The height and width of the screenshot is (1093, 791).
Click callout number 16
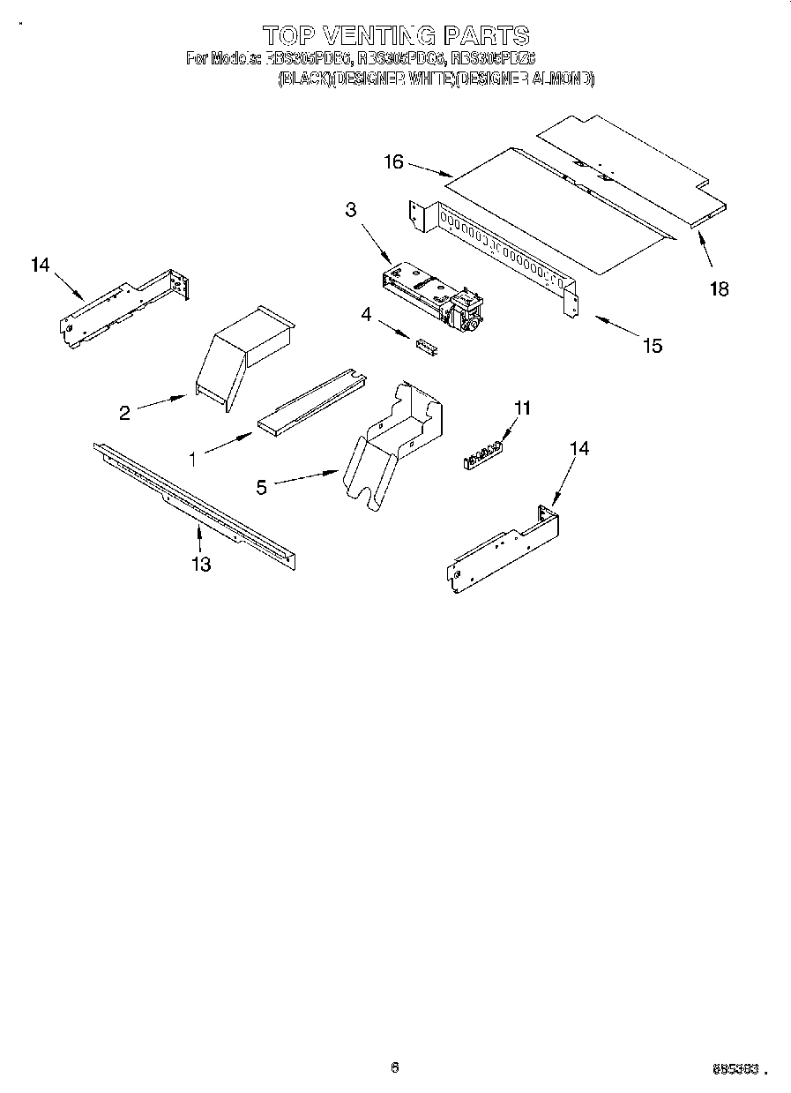pos(393,161)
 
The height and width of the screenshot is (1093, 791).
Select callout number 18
pos(720,288)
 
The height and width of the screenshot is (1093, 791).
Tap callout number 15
pos(652,346)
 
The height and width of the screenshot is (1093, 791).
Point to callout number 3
pos(351,209)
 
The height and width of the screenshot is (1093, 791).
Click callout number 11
pos(523,408)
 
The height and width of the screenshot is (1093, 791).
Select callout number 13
pos(201,564)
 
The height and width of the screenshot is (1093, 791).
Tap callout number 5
pos(262,487)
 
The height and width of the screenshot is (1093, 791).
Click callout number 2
pos(125,412)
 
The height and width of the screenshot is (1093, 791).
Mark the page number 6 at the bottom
pos(395,1067)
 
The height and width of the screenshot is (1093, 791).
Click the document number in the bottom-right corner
pos(735,1069)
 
